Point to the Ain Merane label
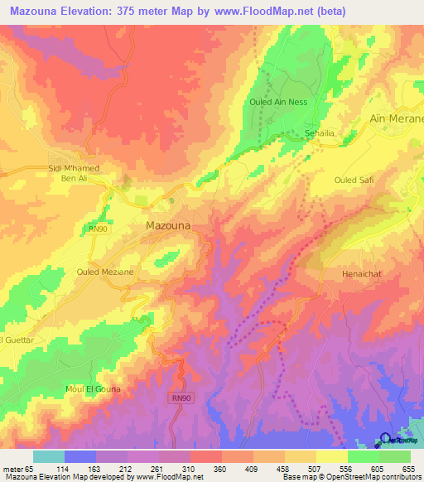[x=397, y=118]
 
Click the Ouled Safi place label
[x=354, y=179]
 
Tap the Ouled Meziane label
[x=104, y=271]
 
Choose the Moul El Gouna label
[x=93, y=388]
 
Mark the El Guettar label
[x=16, y=340]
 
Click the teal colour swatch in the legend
[x=49, y=456]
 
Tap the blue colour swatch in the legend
[x=80, y=456]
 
